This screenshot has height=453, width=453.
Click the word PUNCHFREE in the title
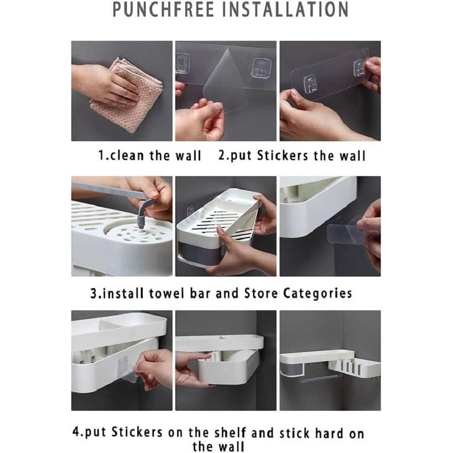coord(163,9)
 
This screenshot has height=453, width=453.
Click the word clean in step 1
coord(127,155)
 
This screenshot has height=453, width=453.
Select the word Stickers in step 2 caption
coord(283,155)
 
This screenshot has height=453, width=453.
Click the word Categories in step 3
coord(318,294)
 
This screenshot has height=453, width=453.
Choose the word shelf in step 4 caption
coord(231,433)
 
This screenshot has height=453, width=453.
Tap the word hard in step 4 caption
coord(328,434)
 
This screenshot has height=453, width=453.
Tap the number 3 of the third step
coord(94,294)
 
